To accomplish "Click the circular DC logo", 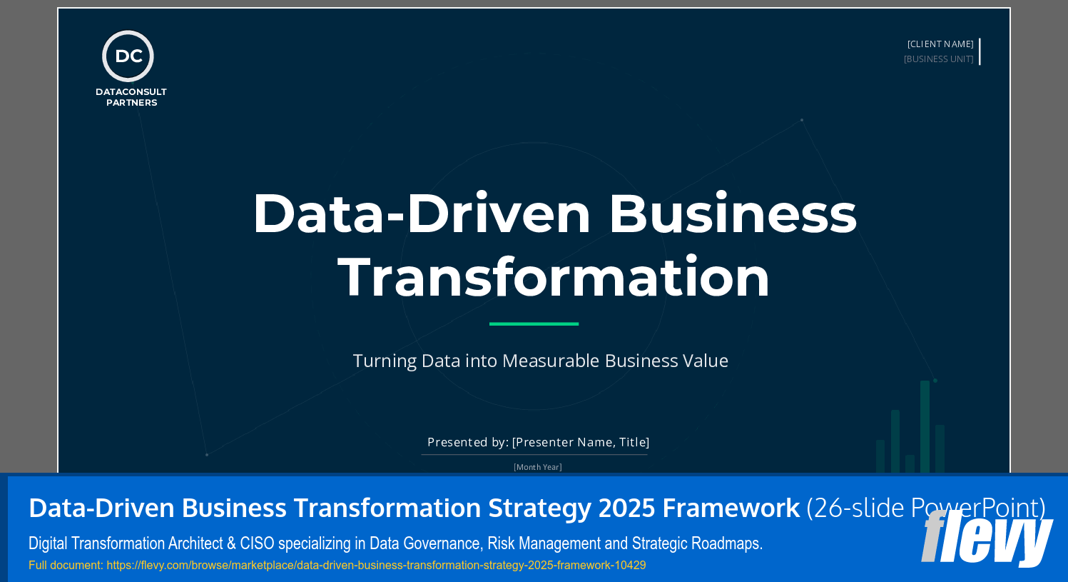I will pyautogui.click(x=128, y=56).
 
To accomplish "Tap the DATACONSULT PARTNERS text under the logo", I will pyautogui.click(x=131, y=97).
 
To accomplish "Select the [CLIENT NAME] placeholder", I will pyautogui.click(x=940, y=44).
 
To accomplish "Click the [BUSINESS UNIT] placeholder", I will pyautogui.click(x=938, y=59).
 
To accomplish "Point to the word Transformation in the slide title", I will pyautogui.click(x=554, y=277).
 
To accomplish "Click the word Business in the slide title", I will pyautogui.click(x=732, y=214).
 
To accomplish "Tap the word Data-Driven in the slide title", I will pyautogui.click(x=422, y=214).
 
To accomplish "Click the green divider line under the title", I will pyautogui.click(x=534, y=323).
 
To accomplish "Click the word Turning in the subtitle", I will pyautogui.click(x=385, y=361).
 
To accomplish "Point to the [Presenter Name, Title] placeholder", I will pyautogui.click(x=581, y=442).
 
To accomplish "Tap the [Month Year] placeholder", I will pyautogui.click(x=537, y=467).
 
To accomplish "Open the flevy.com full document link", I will pyautogui.click(x=376, y=566).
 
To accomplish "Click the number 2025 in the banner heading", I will pyautogui.click(x=626, y=508).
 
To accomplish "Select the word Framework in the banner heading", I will pyautogui.click(x=731, y=508).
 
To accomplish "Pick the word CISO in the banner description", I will pyautogui.click(x=257, y=543).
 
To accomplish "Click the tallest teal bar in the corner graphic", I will pyautogui.click(x=925, y=426).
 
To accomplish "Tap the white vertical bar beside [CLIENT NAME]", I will pyautogui.click(x=980, y=51).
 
